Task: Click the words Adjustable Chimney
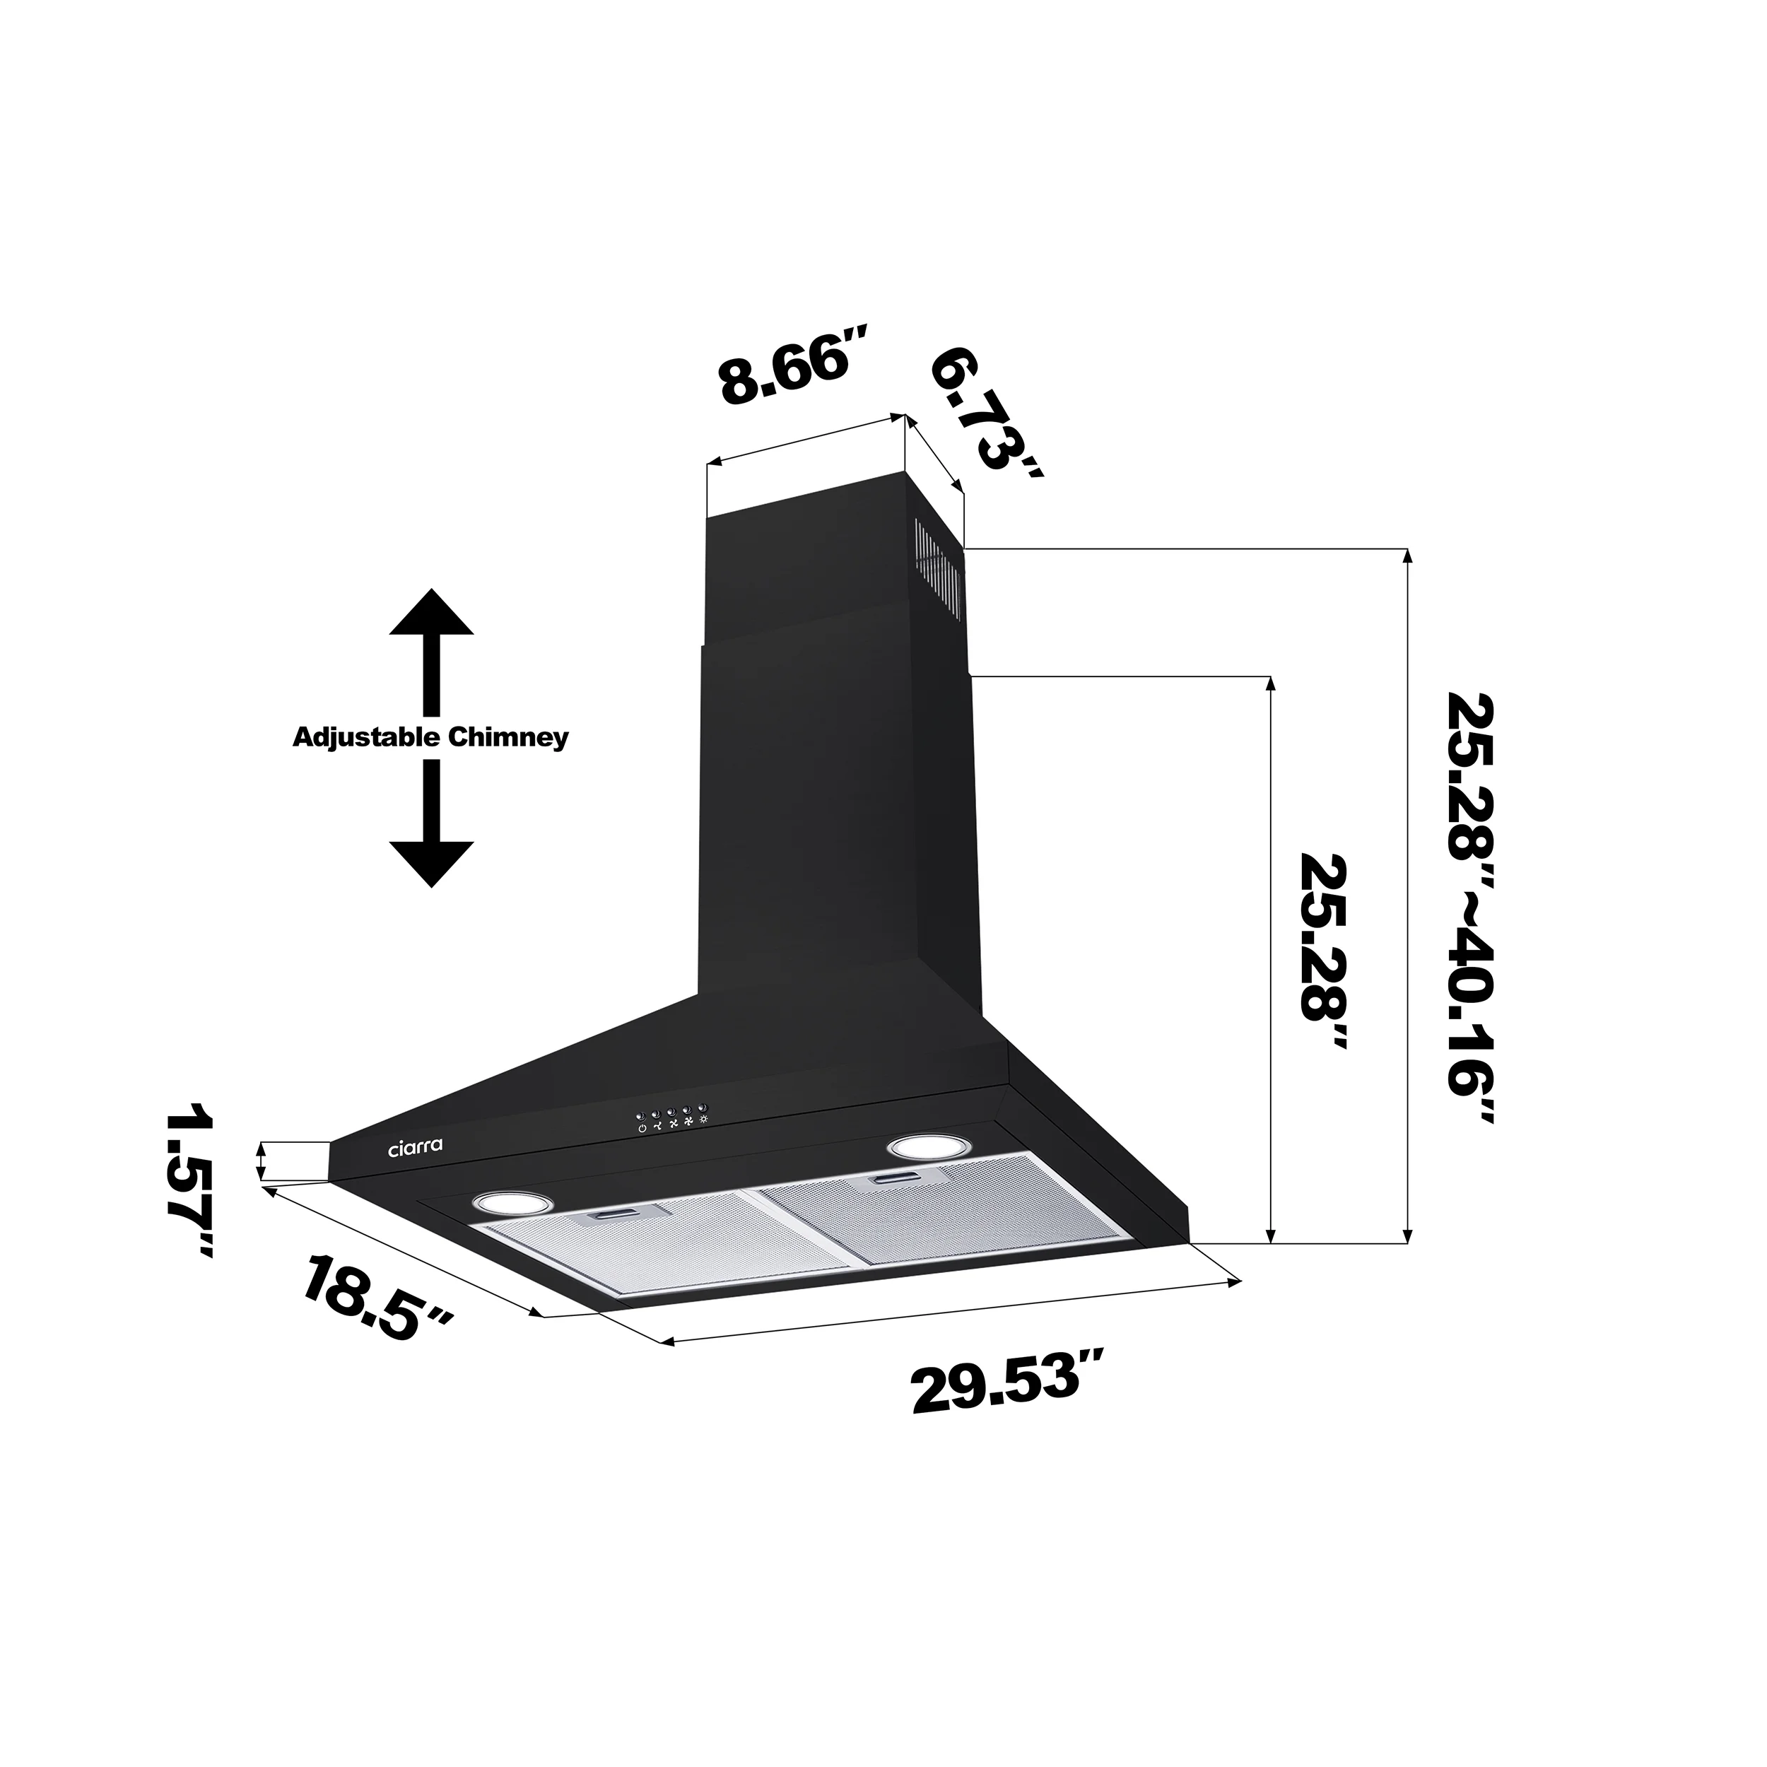tap(430, 737)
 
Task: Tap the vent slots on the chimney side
tap(939, 563)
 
